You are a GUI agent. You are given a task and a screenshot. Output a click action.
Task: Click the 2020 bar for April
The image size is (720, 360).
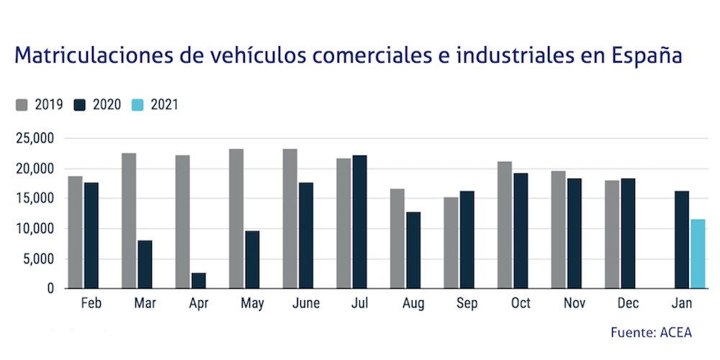tap(198, 280)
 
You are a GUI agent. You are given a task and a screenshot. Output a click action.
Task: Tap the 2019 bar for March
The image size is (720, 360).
tap(129, 220)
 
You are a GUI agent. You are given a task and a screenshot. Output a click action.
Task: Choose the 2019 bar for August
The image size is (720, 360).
tap(397, 238)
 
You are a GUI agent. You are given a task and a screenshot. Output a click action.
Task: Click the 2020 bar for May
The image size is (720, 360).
tap(252, 259)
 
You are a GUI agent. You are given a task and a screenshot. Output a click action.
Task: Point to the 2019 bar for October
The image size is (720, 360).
tap(505, 225)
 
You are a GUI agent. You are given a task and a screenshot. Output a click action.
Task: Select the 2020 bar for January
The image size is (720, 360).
tap(682, 239)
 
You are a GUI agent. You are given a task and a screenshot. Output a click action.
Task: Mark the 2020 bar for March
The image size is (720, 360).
tap(145, 264)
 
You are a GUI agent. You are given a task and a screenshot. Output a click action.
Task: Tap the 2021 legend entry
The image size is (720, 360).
tap(156, 104)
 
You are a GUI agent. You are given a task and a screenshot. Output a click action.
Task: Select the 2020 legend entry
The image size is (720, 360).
tap(98, 104)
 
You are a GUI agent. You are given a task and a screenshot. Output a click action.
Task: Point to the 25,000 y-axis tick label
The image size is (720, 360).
tap(35, 138)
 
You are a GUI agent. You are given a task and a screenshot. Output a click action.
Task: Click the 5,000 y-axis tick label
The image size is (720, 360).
tap(38, 258)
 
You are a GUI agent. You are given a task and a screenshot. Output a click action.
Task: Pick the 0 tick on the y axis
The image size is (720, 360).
tap(50, 289)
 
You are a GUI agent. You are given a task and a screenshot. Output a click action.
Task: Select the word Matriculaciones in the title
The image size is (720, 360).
tap(91, 56)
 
